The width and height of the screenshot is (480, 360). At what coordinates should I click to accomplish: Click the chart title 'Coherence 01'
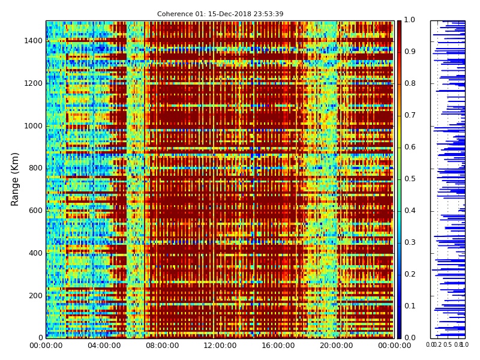(220, 14)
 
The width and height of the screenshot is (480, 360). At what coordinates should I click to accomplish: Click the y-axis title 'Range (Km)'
(16, 179)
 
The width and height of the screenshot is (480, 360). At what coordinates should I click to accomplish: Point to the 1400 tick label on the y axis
(33, 41)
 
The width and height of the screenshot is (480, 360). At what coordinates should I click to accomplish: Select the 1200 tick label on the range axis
(33, 83)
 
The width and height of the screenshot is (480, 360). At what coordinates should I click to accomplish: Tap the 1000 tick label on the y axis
(33, 126)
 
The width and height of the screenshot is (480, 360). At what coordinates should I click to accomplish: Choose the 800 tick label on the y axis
(35, 168)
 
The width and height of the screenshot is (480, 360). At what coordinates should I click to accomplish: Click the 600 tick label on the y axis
(35, 211)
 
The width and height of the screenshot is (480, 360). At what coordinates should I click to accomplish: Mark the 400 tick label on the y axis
(35, 253)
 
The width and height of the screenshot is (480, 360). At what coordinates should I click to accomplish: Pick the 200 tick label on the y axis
(35, 295)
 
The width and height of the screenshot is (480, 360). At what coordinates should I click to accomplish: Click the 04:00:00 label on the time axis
(104, 346)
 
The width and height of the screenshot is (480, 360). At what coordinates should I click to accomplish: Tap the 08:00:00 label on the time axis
(162, 346)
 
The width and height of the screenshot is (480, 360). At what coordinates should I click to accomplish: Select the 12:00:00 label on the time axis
(220, 346)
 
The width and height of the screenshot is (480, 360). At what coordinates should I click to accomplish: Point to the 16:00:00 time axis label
(278, 346)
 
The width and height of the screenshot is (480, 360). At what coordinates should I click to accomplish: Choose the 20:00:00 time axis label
(336, 346)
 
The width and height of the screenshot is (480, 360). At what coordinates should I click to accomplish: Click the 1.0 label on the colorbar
(409, 20)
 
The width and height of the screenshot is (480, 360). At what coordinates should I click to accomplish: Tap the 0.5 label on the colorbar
(409, 179)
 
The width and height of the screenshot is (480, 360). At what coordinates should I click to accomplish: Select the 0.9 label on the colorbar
(409, 52)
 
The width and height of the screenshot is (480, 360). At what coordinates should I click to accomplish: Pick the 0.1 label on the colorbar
(409, 306)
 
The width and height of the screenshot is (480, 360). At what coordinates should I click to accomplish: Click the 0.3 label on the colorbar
(409, 242)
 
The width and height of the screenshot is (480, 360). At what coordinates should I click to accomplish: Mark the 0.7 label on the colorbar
(409, 116)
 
